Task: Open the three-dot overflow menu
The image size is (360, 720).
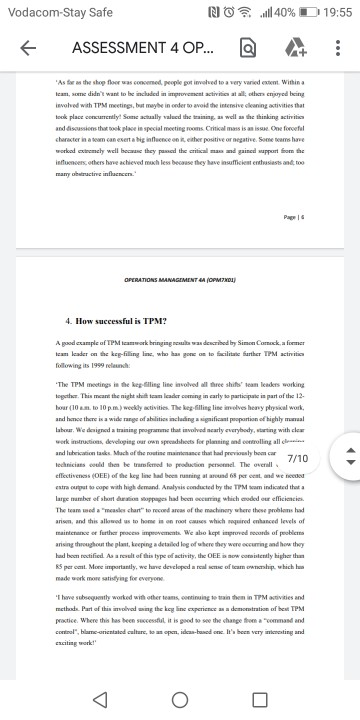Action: pos(337,48)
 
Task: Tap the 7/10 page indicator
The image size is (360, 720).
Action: pos(297,487)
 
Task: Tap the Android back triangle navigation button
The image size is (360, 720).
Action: pos(97,697)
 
